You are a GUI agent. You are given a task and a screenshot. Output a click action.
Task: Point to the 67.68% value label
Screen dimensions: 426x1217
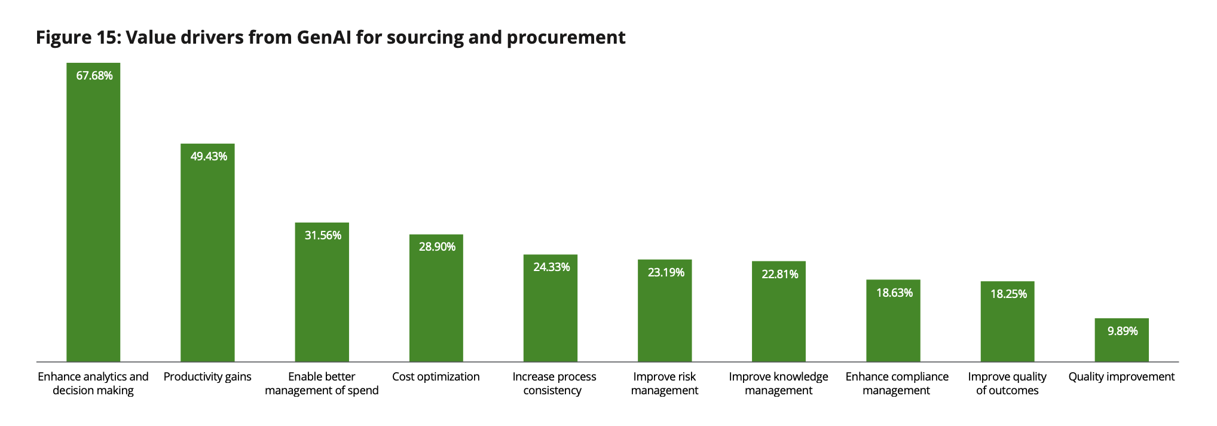94,76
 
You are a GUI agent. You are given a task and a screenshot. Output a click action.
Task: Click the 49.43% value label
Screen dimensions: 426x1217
209,157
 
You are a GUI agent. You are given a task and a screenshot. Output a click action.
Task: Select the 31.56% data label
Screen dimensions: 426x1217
323,236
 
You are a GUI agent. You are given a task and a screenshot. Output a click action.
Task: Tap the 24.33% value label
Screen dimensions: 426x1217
551,267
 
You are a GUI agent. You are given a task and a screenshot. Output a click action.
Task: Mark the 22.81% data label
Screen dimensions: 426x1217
779,275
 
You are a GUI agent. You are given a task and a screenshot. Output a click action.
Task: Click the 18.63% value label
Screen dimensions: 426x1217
894,293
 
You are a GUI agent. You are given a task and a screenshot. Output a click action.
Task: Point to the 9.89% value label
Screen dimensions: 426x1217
1123,331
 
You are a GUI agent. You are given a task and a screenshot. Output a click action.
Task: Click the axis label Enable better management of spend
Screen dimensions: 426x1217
322,384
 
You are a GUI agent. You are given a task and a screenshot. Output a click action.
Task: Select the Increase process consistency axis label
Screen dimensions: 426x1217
554,384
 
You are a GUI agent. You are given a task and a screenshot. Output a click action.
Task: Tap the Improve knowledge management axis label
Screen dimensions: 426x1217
778,384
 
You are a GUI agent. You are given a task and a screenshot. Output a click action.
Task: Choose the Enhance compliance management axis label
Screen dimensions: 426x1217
897,384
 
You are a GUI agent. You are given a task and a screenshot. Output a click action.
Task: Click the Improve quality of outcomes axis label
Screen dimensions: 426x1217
1007,384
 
